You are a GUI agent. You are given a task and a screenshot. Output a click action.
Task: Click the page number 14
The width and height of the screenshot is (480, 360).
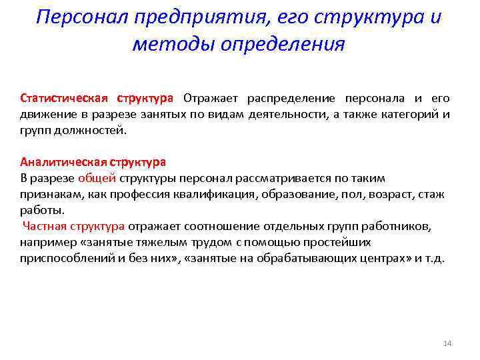[x=447, y=343]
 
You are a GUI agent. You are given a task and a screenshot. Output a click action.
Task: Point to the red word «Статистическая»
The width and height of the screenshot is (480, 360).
[x=64, y=99]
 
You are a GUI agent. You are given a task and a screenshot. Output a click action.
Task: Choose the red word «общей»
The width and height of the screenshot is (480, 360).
[x=97, y=178]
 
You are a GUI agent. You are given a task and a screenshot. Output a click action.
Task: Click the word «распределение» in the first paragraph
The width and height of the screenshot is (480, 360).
[x=289, y=99]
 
